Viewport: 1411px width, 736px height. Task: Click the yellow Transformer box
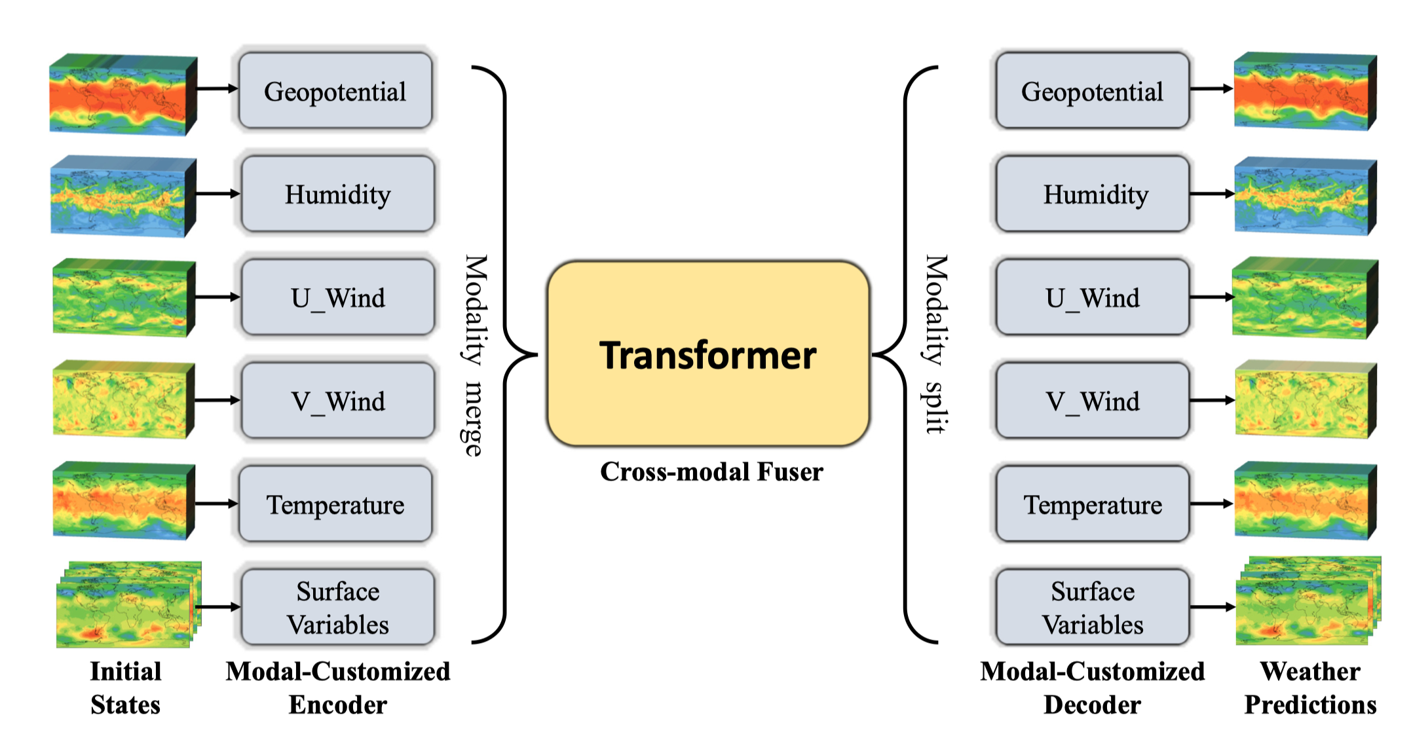point(708,354)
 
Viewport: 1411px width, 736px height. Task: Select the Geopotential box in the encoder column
point(335,90)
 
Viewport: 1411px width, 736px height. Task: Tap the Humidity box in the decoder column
point(1093,194)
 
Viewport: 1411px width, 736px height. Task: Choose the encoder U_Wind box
point(338,297)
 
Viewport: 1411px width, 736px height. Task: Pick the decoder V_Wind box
point(1093,401)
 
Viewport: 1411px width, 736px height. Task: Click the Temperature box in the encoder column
point(335,504)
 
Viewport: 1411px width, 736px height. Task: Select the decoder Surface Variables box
point(1093,608)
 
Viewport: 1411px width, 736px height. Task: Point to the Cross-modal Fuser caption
point(711,471)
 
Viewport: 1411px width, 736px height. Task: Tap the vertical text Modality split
point(936,344)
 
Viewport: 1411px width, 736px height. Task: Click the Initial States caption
point(126,688)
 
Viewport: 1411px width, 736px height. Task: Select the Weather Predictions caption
point(1310,688)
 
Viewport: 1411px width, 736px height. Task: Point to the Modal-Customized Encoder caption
point(338,688)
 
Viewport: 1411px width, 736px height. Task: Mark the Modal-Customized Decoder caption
point(1093,688)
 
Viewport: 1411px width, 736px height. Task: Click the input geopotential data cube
point(123,95)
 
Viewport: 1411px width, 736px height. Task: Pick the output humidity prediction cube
point(1306,196)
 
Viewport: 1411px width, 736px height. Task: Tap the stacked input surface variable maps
point(128,604)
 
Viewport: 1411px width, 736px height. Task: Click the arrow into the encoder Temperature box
point(217,504)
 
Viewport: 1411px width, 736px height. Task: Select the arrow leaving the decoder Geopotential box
point(1212,89)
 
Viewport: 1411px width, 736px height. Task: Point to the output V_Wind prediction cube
point(1306,399)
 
